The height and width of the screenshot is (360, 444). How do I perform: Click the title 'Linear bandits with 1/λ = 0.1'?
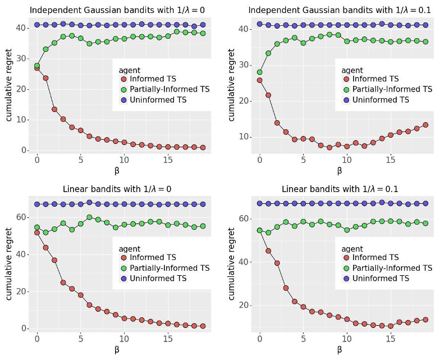340,189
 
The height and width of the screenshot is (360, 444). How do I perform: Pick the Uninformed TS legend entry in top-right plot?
376,100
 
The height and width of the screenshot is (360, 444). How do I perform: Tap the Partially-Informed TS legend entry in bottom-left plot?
165,268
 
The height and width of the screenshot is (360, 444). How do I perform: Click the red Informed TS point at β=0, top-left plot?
37,68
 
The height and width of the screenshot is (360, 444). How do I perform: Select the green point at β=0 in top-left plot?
37,65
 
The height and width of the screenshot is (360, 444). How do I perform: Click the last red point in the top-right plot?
425,125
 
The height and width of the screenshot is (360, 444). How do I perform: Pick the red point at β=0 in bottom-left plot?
37,233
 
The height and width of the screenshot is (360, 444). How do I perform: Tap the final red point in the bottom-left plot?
203,326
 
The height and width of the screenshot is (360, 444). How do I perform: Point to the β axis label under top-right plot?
340,170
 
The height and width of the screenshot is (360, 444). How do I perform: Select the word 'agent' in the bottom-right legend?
353,249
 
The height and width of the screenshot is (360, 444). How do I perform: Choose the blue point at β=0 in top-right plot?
259,24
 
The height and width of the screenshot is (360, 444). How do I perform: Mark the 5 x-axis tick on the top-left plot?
81,160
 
